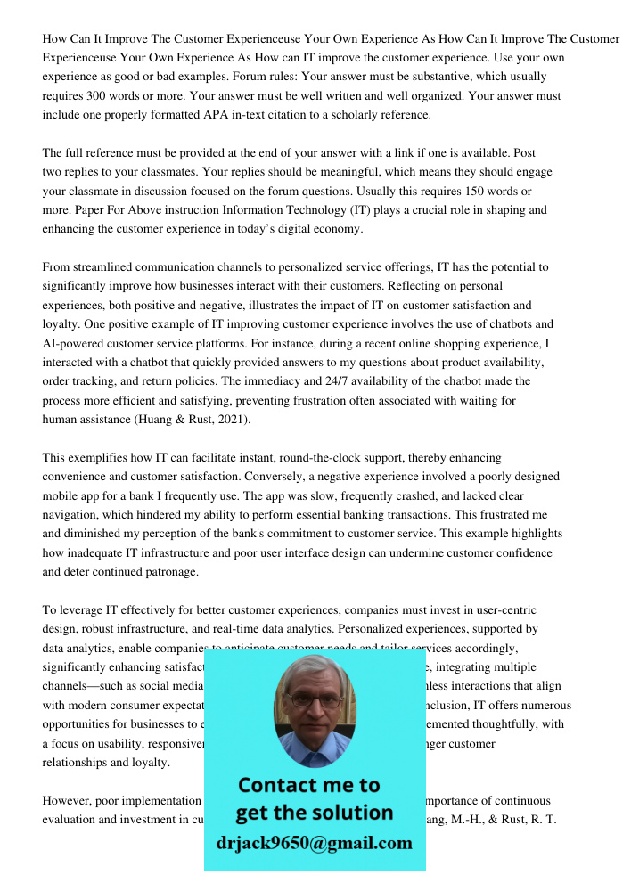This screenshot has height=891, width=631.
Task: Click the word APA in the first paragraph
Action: [x=225, y=115]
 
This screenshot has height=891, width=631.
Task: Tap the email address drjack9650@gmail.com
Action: [x=314, y=843]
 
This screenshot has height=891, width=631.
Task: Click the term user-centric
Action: [x=502, y=610]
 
